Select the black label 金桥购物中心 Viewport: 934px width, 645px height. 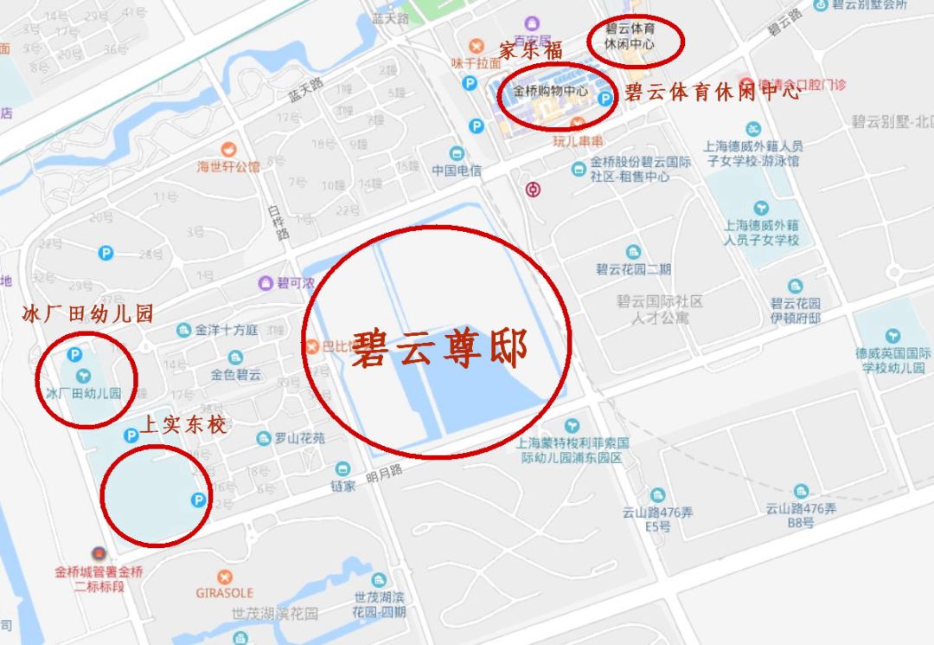pyautogui.click(x=550, y=91)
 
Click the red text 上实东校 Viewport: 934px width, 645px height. pyautogui.click(x=183, y=425)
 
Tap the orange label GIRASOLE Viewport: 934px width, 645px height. pyautogui.click(x=224, y=593)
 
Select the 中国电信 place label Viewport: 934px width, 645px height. pyautogui.click(x=457, y=171)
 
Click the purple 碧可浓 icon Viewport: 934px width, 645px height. pyautogui.click(x=266, y=283)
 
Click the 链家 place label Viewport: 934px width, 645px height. pyautogui.click(x=343, y=486)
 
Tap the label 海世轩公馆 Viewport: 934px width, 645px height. pyautogui.click(x=228, y=166)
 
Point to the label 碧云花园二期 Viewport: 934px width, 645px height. pyautogui.click(x=633, y=269)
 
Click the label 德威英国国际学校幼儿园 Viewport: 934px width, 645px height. pyautogui.click(x=892, y=360)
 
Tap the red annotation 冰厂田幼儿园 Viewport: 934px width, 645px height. pyautogui.click(x=87, y=314)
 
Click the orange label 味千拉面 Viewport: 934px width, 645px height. pyautogui.click(x=476, y=62)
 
